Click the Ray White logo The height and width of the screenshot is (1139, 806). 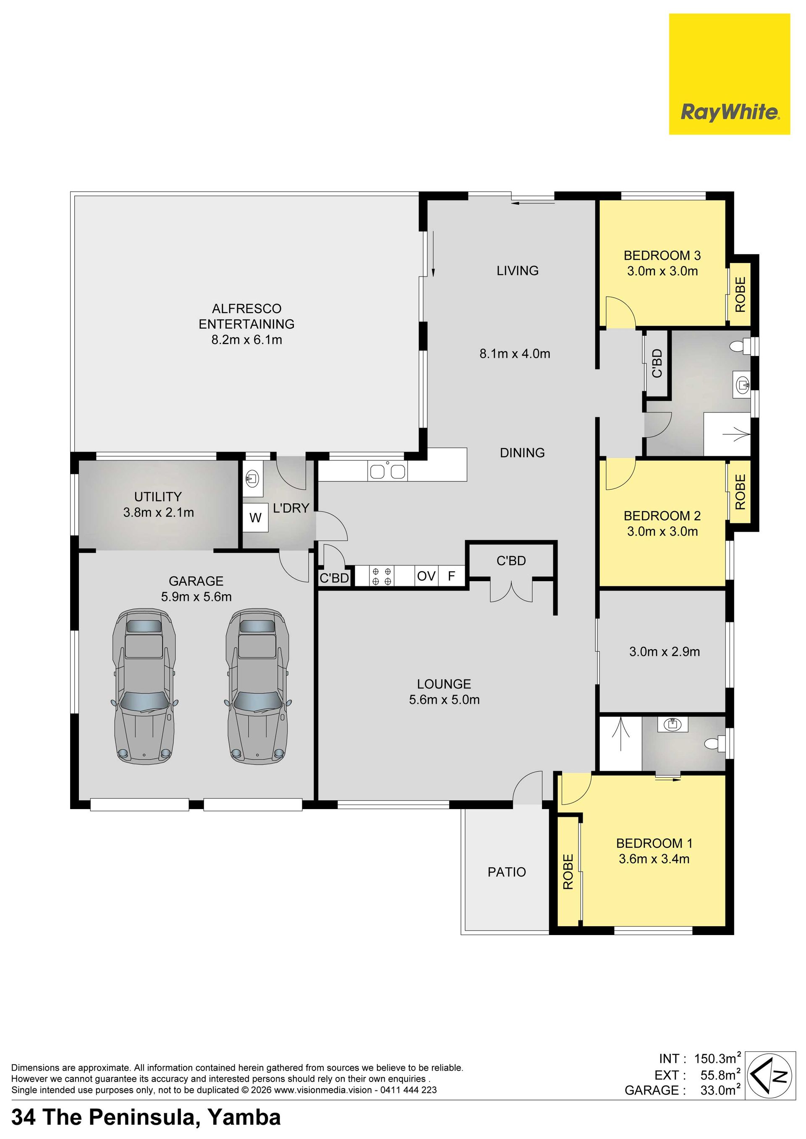729,74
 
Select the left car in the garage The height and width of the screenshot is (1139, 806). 144,686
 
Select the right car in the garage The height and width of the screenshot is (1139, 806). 257,686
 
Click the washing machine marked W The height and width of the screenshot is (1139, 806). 256,518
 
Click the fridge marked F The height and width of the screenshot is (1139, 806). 452,576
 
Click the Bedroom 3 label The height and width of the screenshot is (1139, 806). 662,256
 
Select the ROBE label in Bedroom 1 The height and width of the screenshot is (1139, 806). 568,872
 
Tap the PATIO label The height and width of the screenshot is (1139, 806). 507,872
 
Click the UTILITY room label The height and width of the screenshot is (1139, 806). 158,496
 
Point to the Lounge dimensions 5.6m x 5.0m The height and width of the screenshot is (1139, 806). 444,700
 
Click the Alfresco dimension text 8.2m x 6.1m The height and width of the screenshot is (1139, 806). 247,340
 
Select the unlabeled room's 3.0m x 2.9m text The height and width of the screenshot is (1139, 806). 665,652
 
